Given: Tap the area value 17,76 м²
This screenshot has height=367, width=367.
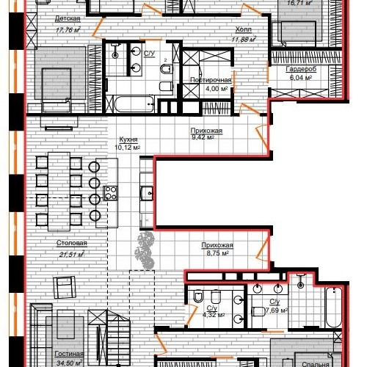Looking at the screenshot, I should (x=67, y=31).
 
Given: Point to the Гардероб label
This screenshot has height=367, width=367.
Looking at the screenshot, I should (x=301, y=70).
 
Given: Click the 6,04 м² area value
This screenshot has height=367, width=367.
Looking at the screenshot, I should (x=301, y=79).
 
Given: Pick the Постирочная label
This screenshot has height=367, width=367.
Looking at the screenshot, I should (x=211, y=80).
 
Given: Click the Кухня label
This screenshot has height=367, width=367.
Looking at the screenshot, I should (x=127, y=139).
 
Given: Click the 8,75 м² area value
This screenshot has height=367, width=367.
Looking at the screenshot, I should (x=216, y=254).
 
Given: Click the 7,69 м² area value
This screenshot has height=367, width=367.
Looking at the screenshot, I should (x=274, y=309).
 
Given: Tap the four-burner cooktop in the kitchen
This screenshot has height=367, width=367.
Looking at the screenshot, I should (x=112, y=193).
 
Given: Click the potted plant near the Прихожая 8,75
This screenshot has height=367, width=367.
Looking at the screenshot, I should (x=147, y=250).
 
